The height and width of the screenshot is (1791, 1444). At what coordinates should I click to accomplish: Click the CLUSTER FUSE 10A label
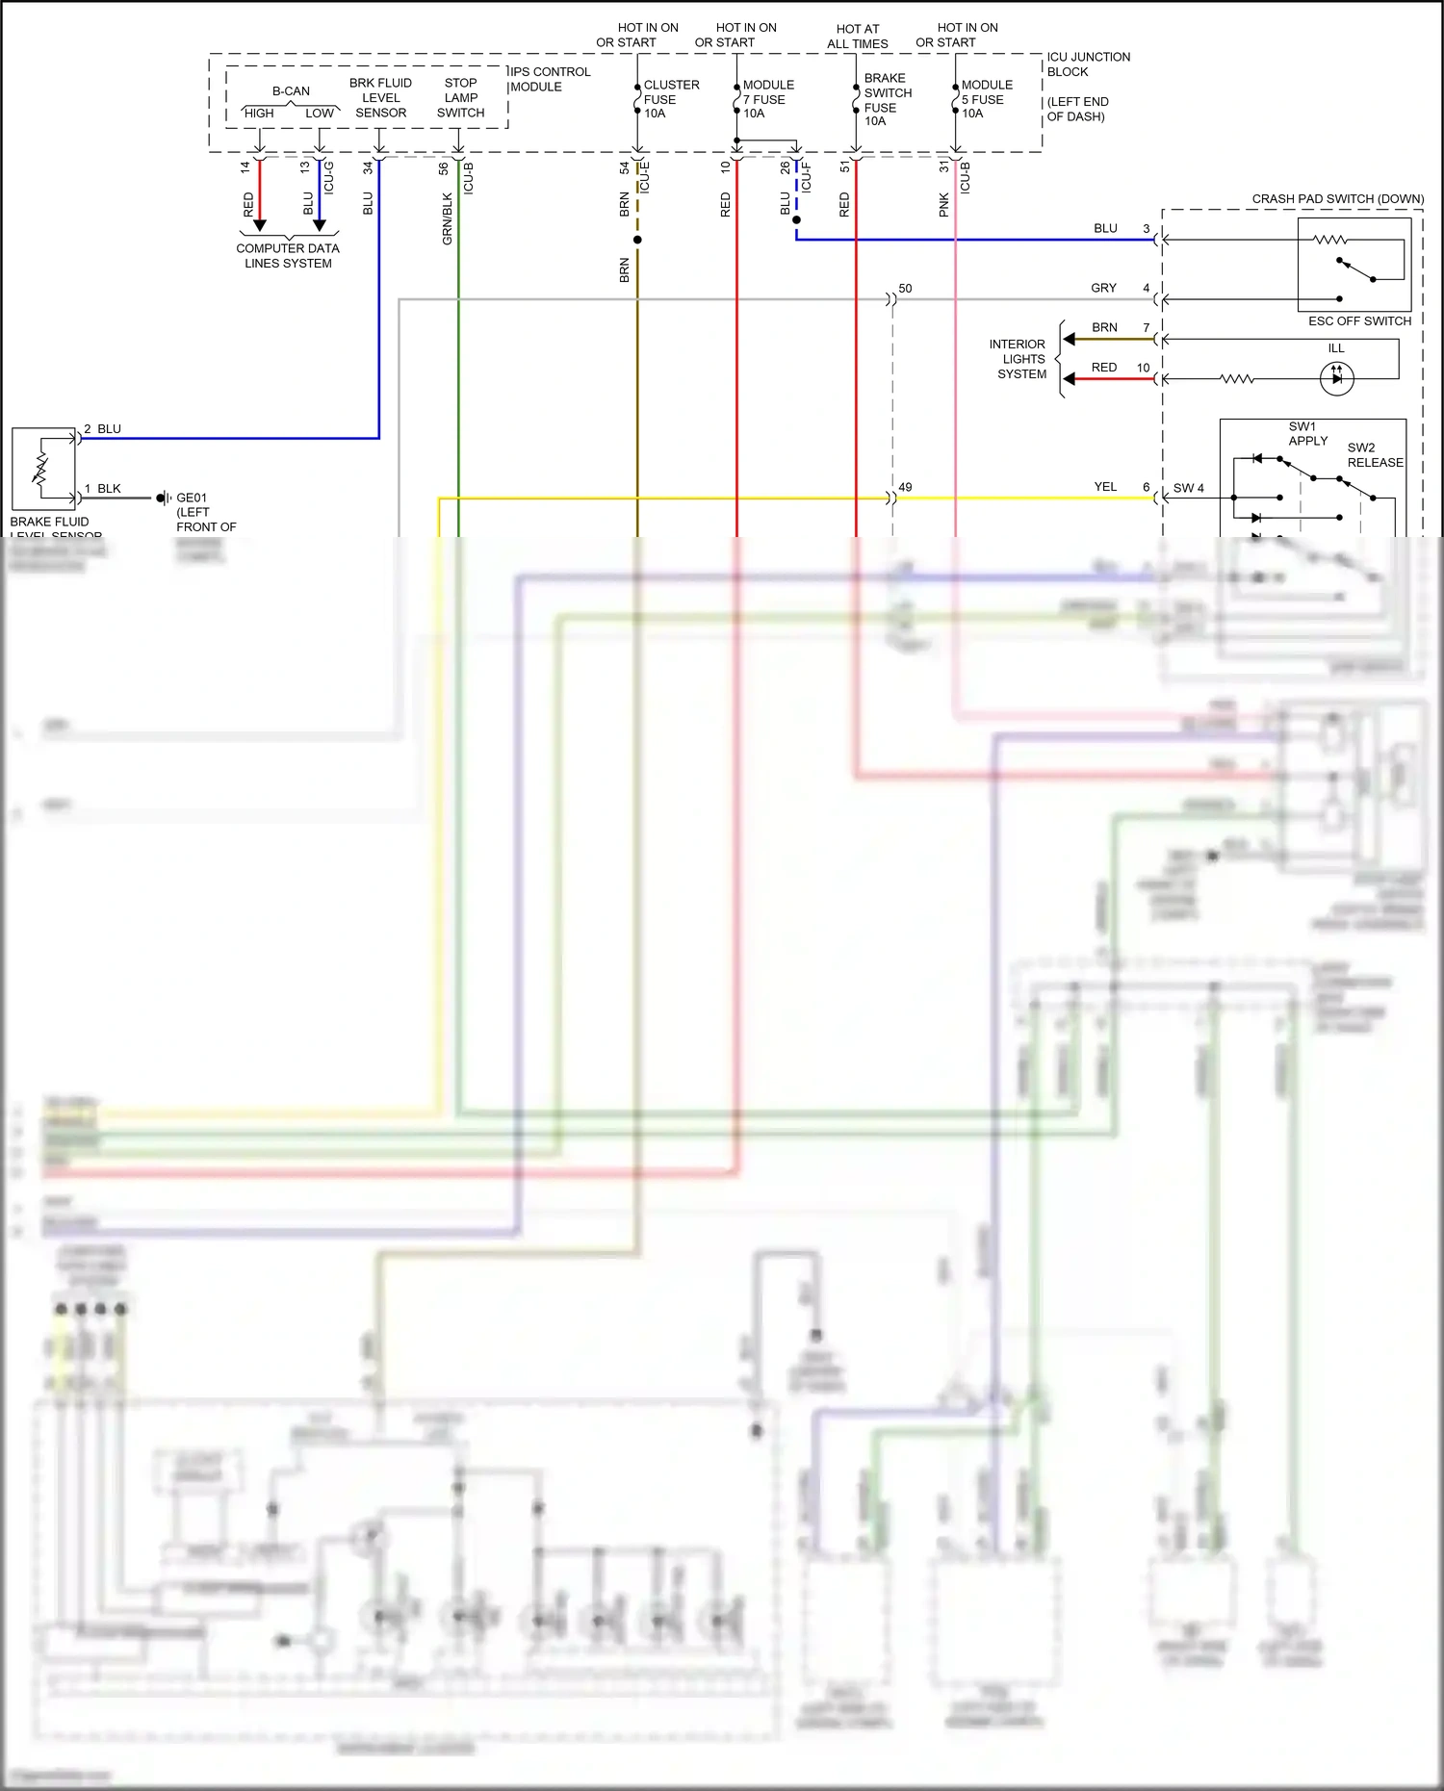pyautogui.click(x=670, y=99)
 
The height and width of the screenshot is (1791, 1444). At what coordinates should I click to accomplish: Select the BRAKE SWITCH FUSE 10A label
pyautogui.click(x=887, y=99)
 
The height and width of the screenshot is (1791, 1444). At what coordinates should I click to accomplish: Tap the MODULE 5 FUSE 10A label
pyautogui.click(x=986, y=99)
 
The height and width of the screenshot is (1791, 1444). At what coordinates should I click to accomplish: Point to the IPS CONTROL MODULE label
pyautogui.click(x=550, y=79)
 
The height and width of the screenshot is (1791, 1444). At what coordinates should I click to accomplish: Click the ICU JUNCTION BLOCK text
pyautogui.click(x=1088, y=64)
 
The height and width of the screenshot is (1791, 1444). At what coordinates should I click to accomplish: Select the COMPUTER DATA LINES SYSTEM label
pyautogui.click(x=288, y=255)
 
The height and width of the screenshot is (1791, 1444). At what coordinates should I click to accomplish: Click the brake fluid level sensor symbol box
pyautogui.click(x=43, y=469)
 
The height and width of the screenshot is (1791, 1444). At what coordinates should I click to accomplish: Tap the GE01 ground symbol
pyautogui.click(x=164, y=498)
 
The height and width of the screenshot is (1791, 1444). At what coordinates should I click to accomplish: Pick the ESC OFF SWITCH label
pyautogui.click(x=1358, y=320)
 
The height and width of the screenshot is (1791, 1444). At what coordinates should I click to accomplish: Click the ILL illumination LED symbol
pyautogui.click(x=1336, y=378)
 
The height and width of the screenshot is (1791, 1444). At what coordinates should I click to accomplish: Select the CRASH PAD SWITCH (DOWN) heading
pyautogui.click(x=1337, y=199)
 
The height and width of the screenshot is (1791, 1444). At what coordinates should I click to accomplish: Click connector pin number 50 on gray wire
pyautogui.click(x=905, y=289)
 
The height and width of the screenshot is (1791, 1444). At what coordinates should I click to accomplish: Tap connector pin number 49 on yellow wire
pyautogui.click(x=905, y=487)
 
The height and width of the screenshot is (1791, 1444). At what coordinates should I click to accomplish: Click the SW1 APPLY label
pyautogui.click(x=1306, y=433)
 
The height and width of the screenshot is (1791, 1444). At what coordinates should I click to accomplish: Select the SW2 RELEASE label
pyautogui.click(x=1374, y=455)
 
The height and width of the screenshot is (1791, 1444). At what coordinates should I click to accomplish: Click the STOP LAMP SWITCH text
pyautogui.click(x=460, y=97)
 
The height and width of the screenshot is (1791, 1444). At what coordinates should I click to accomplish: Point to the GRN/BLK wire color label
pyautogui.click(x=448, y=218)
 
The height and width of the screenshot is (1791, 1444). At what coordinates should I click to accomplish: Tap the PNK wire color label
pyautogui.click(x=944, y=204)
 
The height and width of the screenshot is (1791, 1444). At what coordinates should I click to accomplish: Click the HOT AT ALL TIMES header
pyautogui.click(x=857, y=37)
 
